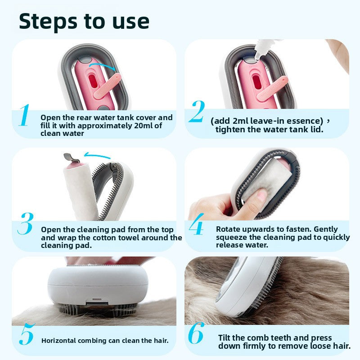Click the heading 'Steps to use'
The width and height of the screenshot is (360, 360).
point(84,21)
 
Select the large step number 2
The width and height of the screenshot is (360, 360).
point(196,112)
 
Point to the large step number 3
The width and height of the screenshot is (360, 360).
point(25,224)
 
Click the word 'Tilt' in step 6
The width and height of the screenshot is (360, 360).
point(225,337)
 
